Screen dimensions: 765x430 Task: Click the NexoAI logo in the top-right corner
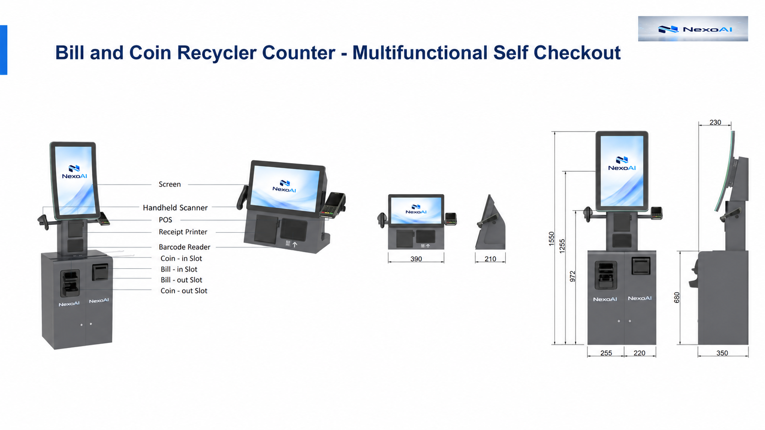[x=693, y=29]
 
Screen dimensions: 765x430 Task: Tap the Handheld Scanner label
[x=175, y=207]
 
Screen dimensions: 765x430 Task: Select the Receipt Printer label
[x=183, y=232]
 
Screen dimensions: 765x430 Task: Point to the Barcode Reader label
[x=184, y=247]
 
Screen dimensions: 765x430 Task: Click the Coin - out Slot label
[x=184, y=291]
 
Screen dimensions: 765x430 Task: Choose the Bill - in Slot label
[x=179, y=270]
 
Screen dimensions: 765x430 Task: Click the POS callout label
[x=165, y=220]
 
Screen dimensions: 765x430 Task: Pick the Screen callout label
[x=170, y=185]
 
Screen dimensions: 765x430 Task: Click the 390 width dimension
[x=416, y=259]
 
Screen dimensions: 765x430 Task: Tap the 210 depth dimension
[x=490, y=259]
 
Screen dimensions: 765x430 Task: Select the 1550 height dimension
[x=551, y=239]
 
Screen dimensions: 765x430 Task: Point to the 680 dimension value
[x=677, y=297]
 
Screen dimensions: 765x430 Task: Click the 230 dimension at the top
[x=715, y=122]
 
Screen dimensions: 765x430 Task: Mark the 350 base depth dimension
[x=722, y=353]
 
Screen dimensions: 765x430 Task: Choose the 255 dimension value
[x=606, y=353]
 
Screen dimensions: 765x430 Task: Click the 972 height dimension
[x=572, y=276]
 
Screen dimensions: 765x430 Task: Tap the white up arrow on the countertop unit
[x=295, y=244]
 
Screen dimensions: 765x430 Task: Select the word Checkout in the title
[x=577, y=53]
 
